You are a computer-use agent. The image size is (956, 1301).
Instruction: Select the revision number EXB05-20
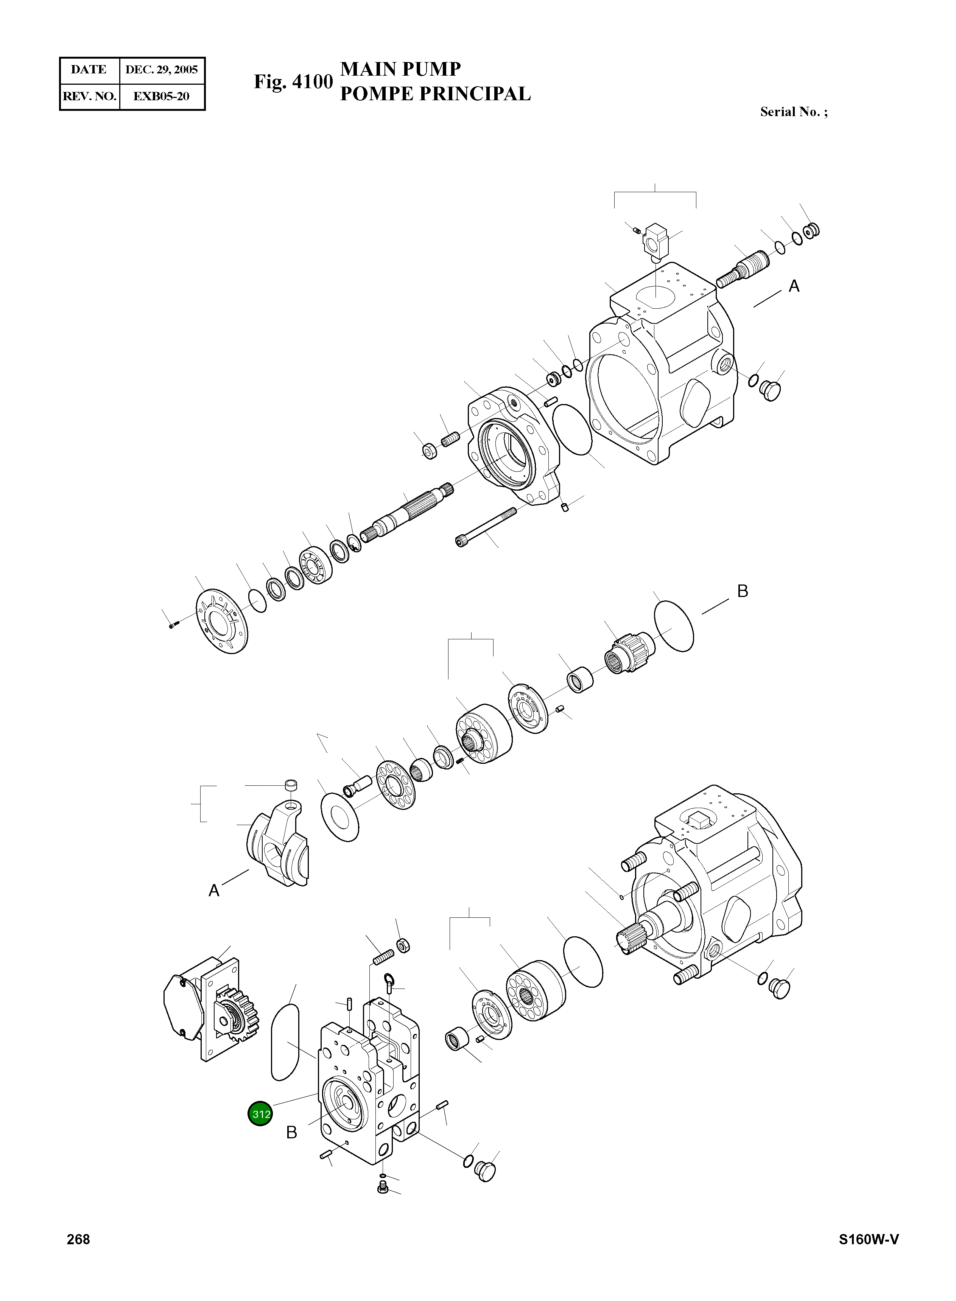pos(162,96)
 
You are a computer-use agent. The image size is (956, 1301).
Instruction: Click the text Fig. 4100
pos(293,82)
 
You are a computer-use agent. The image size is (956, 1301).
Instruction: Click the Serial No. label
pos(793,112)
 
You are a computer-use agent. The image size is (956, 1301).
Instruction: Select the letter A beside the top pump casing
pos(794,286)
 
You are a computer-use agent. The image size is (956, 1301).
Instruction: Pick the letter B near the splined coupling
pos(743,591)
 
